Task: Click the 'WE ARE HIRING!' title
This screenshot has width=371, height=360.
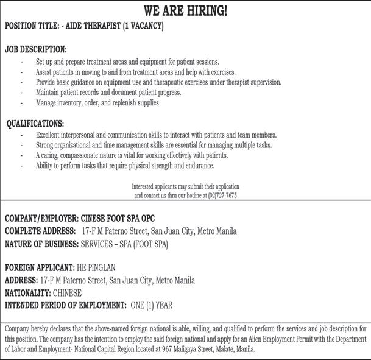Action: click(185, 11)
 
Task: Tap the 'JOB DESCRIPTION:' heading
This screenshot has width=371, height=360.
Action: click(36, 49)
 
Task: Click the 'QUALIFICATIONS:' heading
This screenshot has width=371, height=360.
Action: click(35, 124)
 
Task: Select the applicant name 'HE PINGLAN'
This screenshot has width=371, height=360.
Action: click(96, 267)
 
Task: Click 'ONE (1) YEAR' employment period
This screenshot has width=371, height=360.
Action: click(152, 305)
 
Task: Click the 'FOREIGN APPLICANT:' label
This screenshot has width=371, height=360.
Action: click(40, 267)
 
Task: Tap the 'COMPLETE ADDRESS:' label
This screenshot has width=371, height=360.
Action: click(40, 231)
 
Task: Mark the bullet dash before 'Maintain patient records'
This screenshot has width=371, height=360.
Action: click(23, 93)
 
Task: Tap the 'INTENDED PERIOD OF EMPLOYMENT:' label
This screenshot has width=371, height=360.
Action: click(66, 305)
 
